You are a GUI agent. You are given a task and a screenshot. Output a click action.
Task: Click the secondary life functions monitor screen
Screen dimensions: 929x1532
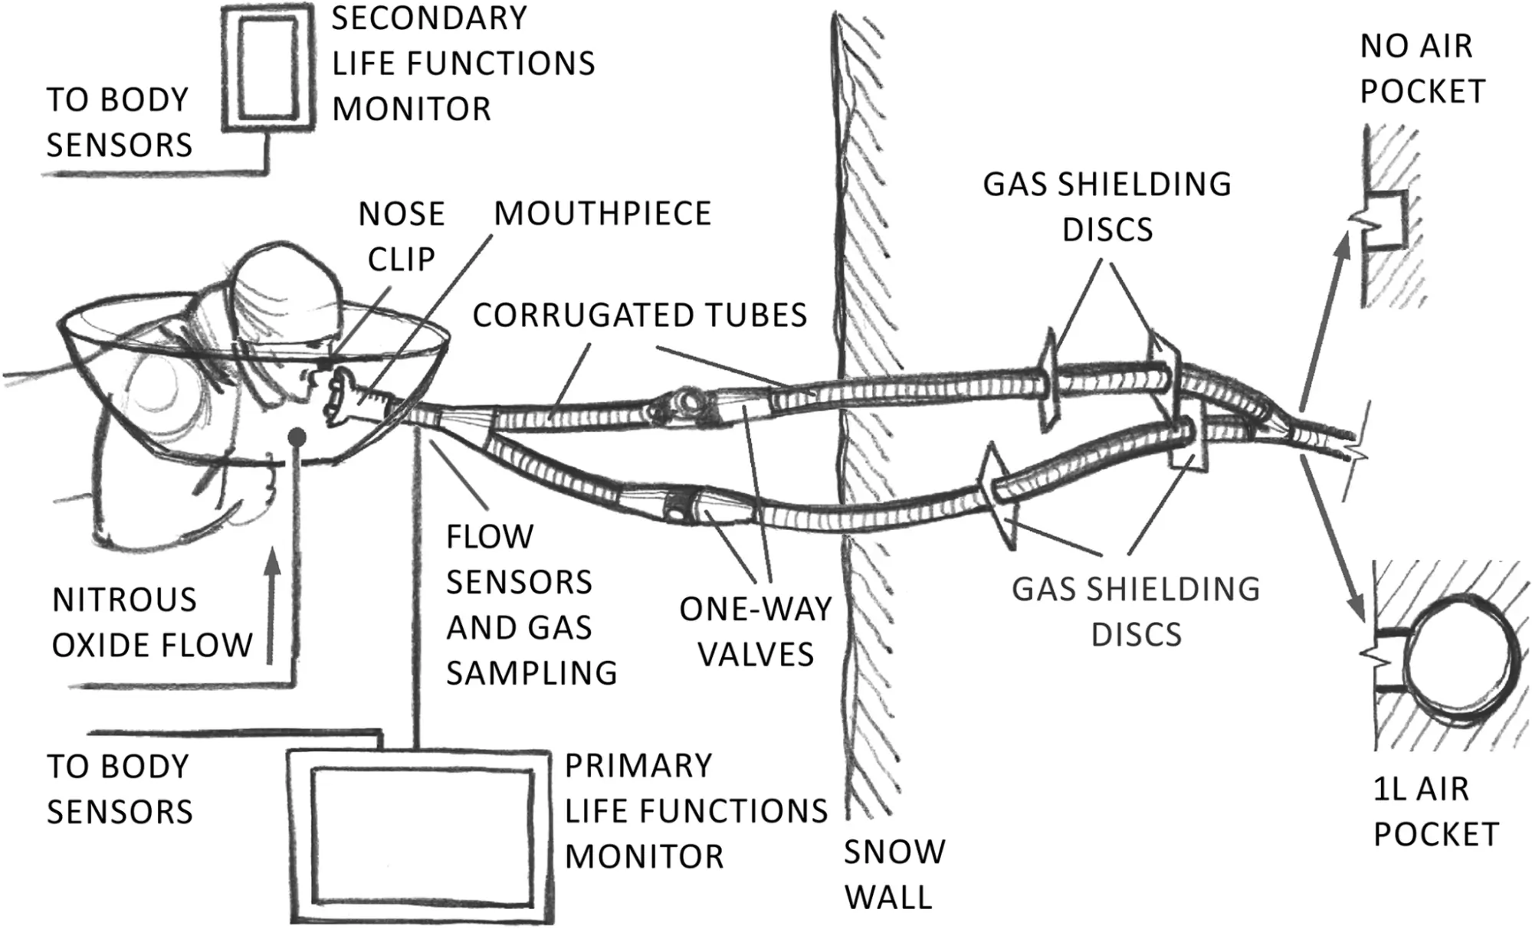pos(268,67)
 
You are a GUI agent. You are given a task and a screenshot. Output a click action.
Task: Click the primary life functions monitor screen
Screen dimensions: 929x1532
pos(421,836)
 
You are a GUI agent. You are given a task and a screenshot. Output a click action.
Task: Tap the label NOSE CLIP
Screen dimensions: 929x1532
pos(402,237)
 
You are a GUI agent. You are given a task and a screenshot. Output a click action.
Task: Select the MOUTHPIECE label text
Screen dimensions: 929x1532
pos(602,214)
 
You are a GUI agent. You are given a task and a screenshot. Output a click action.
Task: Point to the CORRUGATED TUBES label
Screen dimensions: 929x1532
pos(640,316)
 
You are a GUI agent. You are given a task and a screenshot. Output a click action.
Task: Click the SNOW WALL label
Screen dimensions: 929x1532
pos(894,874)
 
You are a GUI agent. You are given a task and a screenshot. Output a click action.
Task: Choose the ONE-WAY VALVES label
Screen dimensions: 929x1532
pos(756,632)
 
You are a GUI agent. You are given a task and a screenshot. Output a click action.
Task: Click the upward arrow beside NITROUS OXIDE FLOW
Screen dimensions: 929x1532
pos(272,605)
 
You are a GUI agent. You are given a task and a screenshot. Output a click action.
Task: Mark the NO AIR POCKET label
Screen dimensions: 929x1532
pos(1422,69)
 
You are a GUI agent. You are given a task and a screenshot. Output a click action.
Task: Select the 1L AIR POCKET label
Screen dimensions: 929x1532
pos(1435,811)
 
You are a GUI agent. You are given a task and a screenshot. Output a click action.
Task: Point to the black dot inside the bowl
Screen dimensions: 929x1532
pos(297,437)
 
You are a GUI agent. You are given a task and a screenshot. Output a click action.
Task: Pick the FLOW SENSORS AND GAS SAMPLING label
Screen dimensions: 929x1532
pos(530,604)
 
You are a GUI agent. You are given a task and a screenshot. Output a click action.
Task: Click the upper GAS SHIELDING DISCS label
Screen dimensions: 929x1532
pos(1107,207)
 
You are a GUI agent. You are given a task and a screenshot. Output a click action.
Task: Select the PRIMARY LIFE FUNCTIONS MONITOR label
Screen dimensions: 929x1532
pos(695,811)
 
